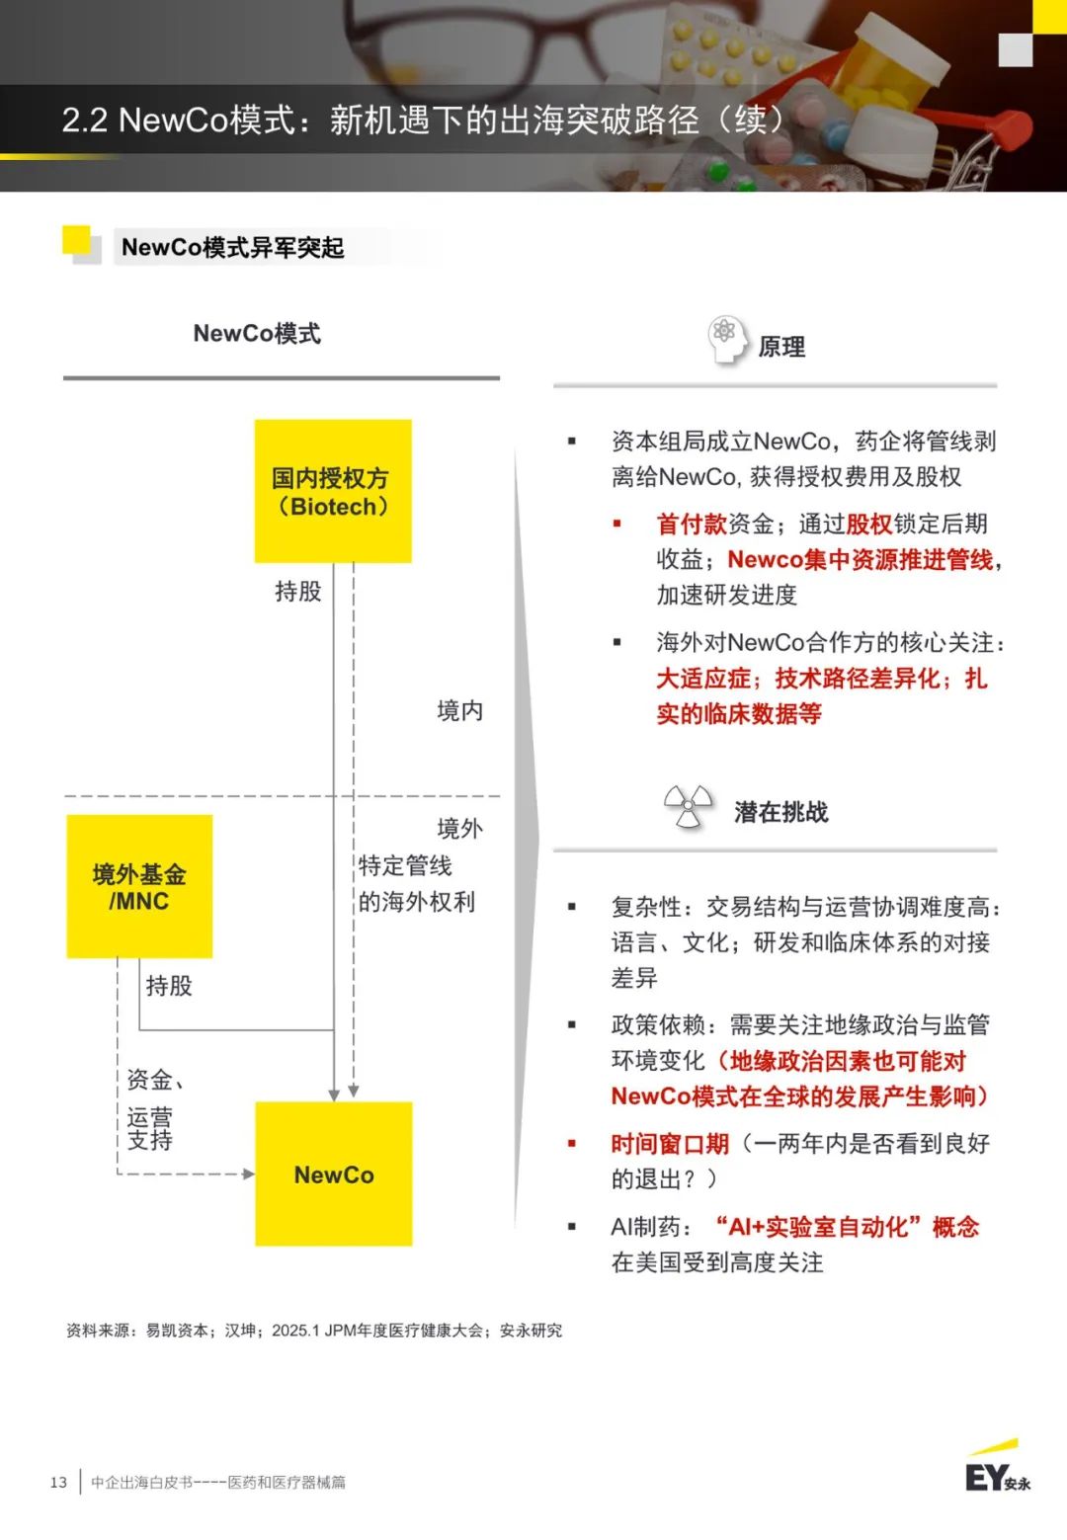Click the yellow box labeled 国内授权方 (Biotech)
click(333, 491)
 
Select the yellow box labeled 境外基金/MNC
click(139, 886)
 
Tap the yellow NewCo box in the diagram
click(334, 1174)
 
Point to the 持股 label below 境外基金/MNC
click(169, 986)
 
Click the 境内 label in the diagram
click(460, 710)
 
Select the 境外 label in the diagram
click(460, 828)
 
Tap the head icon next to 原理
click(727, 340)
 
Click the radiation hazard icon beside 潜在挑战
click(689, 805)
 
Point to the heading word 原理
click(781, 347)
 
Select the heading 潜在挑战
click(781, 812)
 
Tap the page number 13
click(58, 1482)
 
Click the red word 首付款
click(692, 524)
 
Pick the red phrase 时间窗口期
click(670, 1143)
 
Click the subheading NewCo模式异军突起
click(233, 247)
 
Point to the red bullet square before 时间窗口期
click(571, 1143)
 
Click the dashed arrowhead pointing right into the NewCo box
click(249, 1174)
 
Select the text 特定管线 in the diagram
click(405, 865)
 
